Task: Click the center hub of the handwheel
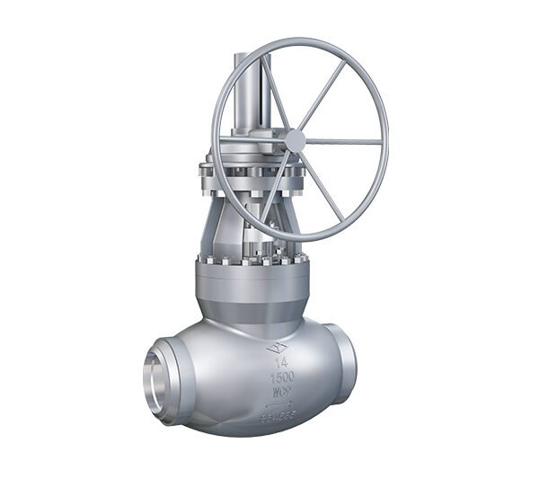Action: (294, 140)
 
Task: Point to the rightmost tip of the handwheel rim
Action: (387, 142)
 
